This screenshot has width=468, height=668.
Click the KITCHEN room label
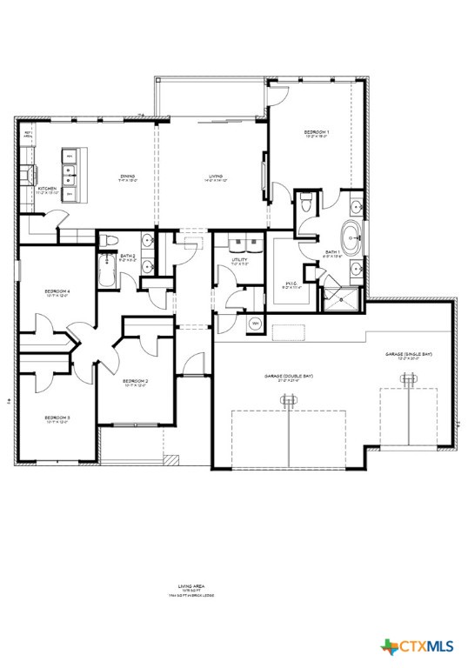(47, 188)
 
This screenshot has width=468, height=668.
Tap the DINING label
(128, 176)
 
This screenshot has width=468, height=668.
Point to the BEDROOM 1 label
(316, 133)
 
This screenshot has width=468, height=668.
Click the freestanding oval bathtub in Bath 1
(352, 234)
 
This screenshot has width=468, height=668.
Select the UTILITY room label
(240, 260)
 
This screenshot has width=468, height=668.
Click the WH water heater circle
(256, 324)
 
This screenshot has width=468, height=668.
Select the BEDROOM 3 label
(57, 418)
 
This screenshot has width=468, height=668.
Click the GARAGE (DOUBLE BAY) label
(287, 376)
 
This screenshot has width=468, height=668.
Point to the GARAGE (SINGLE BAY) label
(409, 355)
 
